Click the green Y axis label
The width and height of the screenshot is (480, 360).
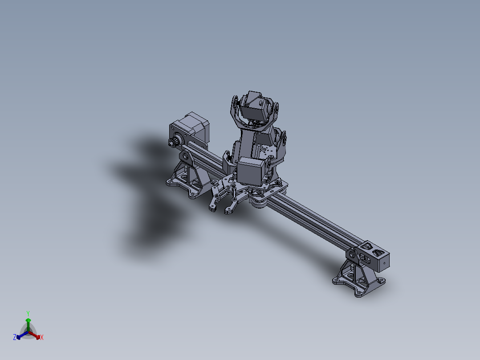(x=28, y=313)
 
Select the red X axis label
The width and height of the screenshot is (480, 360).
(x=42, y=338)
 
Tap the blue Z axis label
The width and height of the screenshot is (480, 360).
(x=14, y=338)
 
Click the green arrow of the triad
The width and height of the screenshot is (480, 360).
(x=28, y=322)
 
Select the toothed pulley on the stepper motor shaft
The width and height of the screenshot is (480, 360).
(x=172, y=143)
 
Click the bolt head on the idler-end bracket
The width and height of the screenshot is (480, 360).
(x=352, y=255)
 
